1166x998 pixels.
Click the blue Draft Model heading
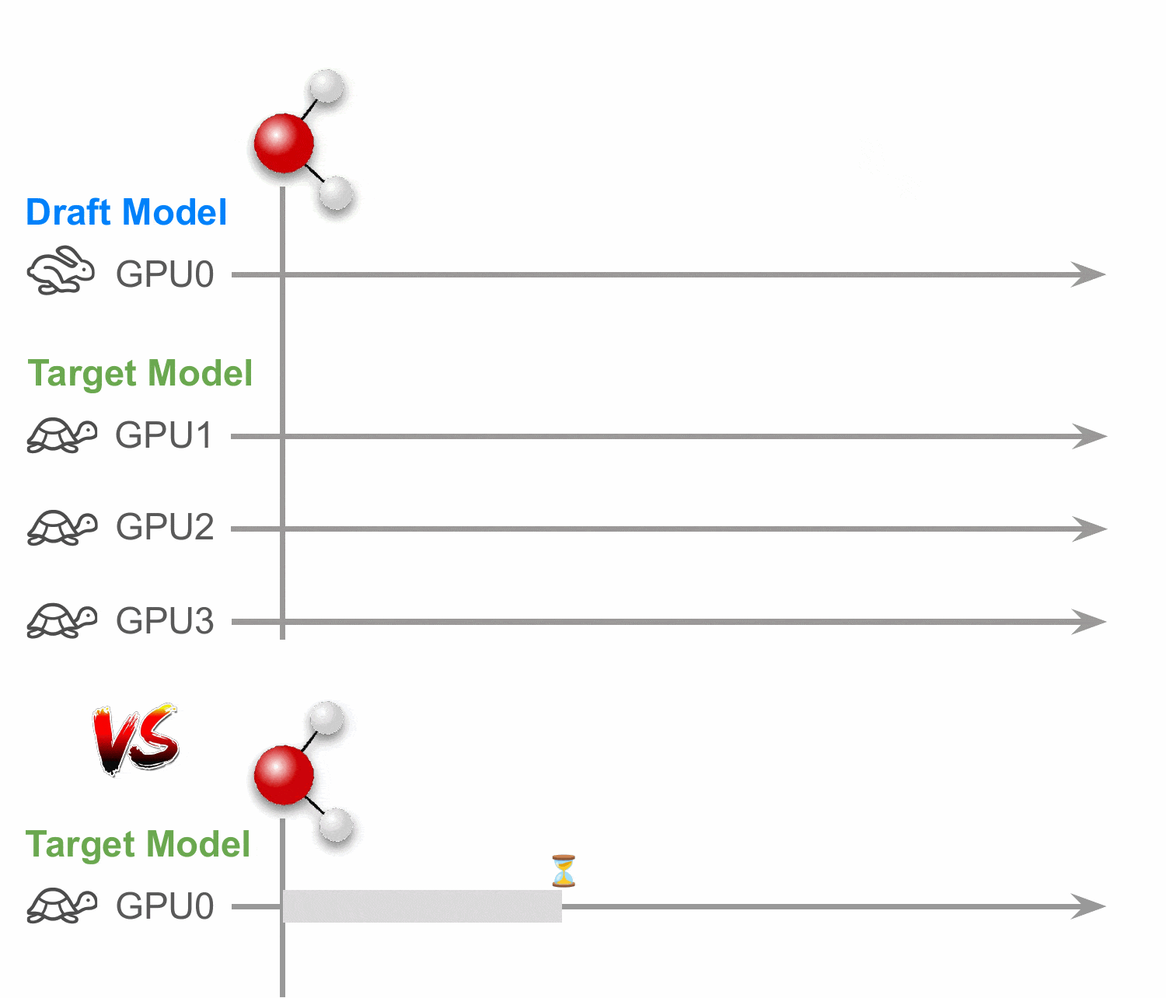127,212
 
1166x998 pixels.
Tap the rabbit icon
61,270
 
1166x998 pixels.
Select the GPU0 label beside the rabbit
165,274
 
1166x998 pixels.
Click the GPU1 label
163,435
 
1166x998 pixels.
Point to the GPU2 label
165,527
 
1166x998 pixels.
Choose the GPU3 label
165,620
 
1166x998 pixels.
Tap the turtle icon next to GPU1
61,435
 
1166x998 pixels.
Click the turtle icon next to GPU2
61,528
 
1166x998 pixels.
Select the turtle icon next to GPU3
61,620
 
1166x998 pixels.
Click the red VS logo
136,738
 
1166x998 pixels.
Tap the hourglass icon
564,871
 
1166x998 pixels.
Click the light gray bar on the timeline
422,906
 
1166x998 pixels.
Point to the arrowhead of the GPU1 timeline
1089,436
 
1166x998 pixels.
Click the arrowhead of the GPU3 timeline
1089,622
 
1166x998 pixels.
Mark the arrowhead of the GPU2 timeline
1089,529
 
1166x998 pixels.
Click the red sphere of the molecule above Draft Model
284,143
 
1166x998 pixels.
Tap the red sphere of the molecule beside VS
284,775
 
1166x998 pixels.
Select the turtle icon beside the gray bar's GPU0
61,906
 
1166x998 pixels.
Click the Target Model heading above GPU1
139,374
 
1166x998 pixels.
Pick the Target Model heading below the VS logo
138,845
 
